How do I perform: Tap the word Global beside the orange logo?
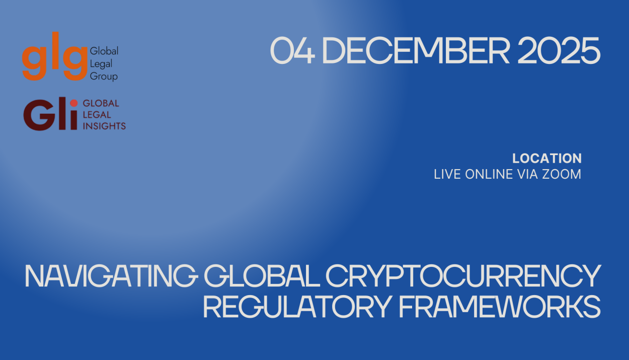coord(104,51)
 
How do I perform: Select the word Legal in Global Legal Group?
coord(101,64)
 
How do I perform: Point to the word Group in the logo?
coord(104,77)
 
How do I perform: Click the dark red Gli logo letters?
coord(50,114)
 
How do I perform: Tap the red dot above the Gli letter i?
coord(74,103)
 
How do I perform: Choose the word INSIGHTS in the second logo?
coord(104,126)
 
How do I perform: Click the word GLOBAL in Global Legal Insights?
coord(101,103)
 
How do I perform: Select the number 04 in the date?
coord(292,50)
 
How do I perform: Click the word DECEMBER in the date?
coord(416,50)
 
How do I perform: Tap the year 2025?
coord(559,50)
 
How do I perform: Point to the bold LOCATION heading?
coord(547,159)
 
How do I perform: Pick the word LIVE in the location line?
coord(447,174)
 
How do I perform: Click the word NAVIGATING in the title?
coord(112,276)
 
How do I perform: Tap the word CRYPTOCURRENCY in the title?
coord(463,276)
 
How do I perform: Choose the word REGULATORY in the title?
coord(297,306)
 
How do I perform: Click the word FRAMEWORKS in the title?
coord(500,306)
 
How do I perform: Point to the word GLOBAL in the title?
coord(262,276)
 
